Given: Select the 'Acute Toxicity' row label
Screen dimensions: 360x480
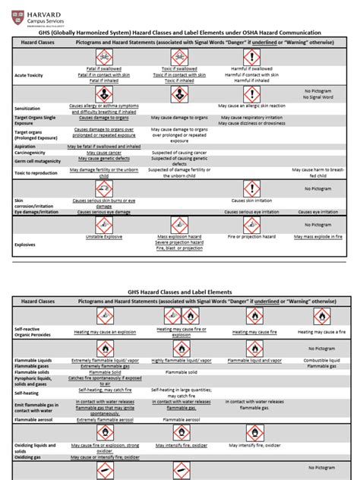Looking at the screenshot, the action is [30, 76].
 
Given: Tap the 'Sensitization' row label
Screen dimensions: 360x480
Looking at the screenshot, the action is [27, 109].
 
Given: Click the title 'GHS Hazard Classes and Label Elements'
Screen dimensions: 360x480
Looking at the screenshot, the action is [179, 292].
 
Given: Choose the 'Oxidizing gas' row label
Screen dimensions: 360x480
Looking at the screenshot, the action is [30, 457].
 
